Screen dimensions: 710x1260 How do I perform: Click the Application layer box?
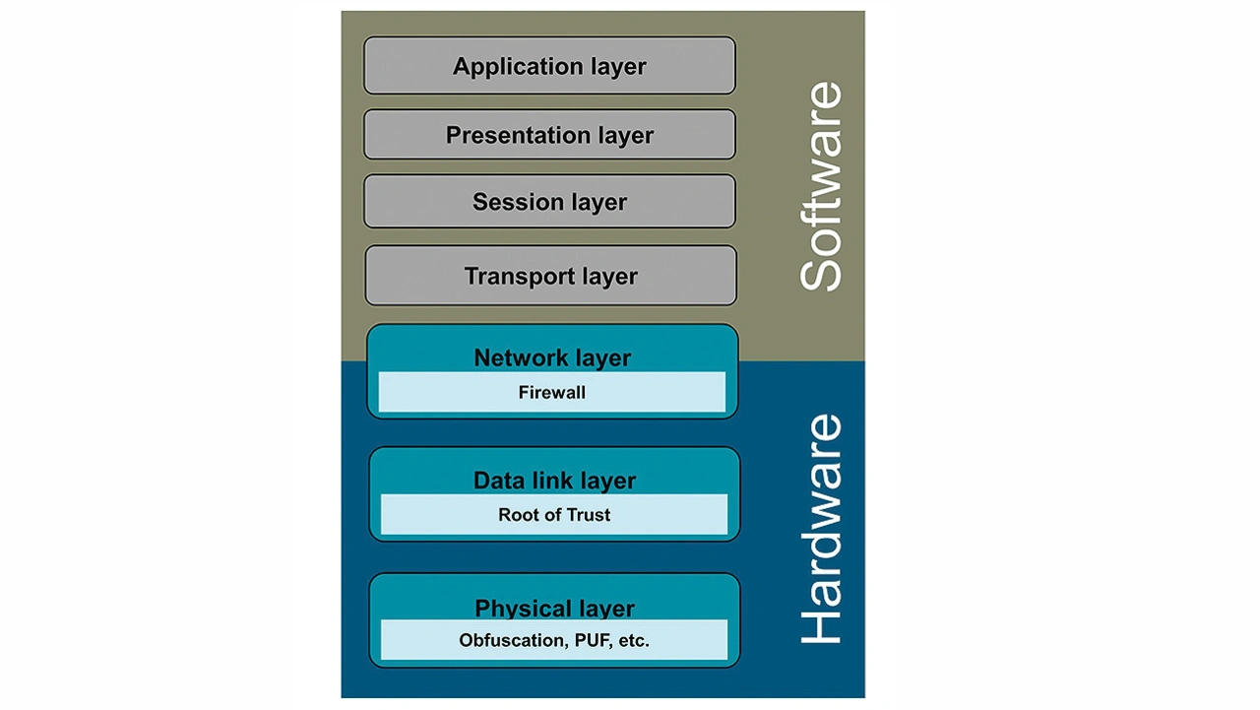[x=549, y=66]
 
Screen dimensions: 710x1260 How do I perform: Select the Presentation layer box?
[x=549, y=135]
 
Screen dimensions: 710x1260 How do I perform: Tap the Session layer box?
[x=549, y=202]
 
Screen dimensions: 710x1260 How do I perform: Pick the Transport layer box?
[x=550, y=276]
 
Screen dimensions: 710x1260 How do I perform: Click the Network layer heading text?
[x=552, y=357]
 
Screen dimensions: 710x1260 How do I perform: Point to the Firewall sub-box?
[x=552, y=392]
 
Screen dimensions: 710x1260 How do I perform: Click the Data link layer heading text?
[x=554, y=481]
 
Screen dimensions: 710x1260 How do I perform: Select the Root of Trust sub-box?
[x=554, y=515]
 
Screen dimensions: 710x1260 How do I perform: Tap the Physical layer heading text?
[x=554, y=609]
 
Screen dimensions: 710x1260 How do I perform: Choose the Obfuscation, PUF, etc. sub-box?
[x=554, y=640]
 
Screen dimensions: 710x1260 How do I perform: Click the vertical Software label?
[x=821, y=186]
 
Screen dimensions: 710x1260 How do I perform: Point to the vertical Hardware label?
[x=821, y=529]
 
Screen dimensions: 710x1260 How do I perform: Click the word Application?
[x=506, y=67]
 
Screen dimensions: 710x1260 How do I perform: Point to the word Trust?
[x=588, y=515]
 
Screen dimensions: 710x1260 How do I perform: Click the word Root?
[x=519, y=515]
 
